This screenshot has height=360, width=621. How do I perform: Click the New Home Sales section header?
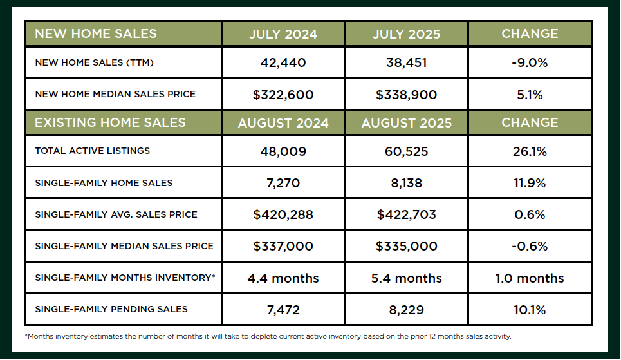click(x=95, y=33)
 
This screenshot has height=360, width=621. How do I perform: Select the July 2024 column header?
click(x=283, y=33)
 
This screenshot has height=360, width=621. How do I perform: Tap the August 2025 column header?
click(x=407, y=122)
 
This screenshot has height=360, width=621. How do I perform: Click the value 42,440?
click(x=283, y=62)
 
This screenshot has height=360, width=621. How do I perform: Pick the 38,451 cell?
click(x=407, y=62)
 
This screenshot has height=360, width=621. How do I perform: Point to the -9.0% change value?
click(x=530, y=62)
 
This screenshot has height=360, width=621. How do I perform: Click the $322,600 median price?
click(x=283, y=95)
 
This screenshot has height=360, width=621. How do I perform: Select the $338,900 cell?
click(x=407, y=95)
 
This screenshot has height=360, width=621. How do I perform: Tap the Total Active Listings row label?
click(x=92, y=151)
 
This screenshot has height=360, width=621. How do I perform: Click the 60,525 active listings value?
click(x=407, y=151)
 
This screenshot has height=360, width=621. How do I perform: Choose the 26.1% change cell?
click(x=530, y=151)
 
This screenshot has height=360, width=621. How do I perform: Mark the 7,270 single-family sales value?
click(x=283, y=183)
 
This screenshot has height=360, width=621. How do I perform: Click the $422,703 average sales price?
click(x=407, y=214)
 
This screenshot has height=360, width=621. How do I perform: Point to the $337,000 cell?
click(x=283, y=246)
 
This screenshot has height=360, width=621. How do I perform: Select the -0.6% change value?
click(x=530, y=246)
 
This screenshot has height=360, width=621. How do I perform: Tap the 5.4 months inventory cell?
click(x=407, y=278)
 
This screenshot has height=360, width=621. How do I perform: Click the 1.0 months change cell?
click(x=530, y=278)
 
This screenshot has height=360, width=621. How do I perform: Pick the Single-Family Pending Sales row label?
click(x=111, y=309)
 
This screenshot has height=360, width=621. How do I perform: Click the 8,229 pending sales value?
click(x=407, y=310)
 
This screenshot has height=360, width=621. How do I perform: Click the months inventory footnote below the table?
click(x=267, y=336)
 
